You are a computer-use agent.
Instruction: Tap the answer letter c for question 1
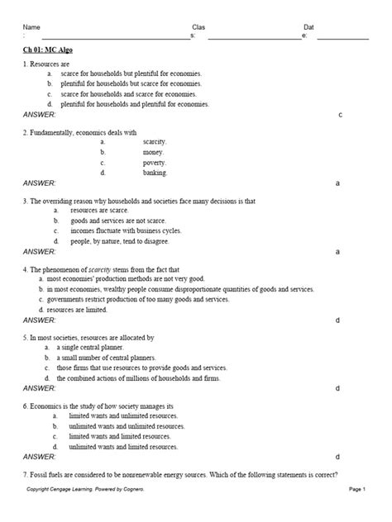pos(341,115)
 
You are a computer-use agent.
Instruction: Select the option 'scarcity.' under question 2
pos(155,142)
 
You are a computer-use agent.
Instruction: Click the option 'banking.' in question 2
pos(155,173)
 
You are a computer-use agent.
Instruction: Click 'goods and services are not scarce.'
pos(122,221)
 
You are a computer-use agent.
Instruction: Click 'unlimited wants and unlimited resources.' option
pos(122,426)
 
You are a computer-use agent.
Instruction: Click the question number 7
pos(25,474)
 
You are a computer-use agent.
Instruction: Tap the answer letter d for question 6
pos(337,456)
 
